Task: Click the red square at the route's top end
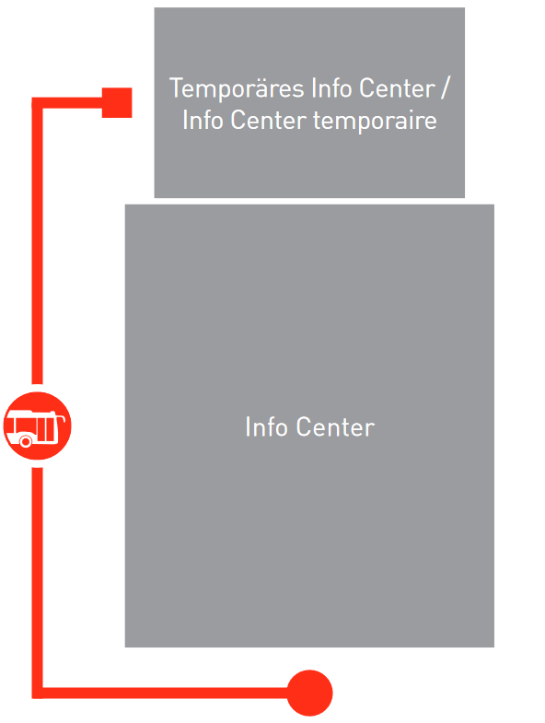coord(117,102)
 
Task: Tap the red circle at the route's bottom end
coord(309,693)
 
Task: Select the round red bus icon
coord(38,426)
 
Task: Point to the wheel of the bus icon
coord(26,442)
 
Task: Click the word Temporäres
coord(238,88)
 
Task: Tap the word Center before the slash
coord(397,88)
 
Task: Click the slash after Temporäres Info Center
coord(444,87)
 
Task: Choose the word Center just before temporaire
coord(268,121)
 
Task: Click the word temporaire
coord(375,122)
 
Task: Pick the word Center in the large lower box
coord(335,426)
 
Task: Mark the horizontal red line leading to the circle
coord(165,693)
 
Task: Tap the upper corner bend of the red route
coord(38,103)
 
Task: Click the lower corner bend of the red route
coord(38,693)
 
